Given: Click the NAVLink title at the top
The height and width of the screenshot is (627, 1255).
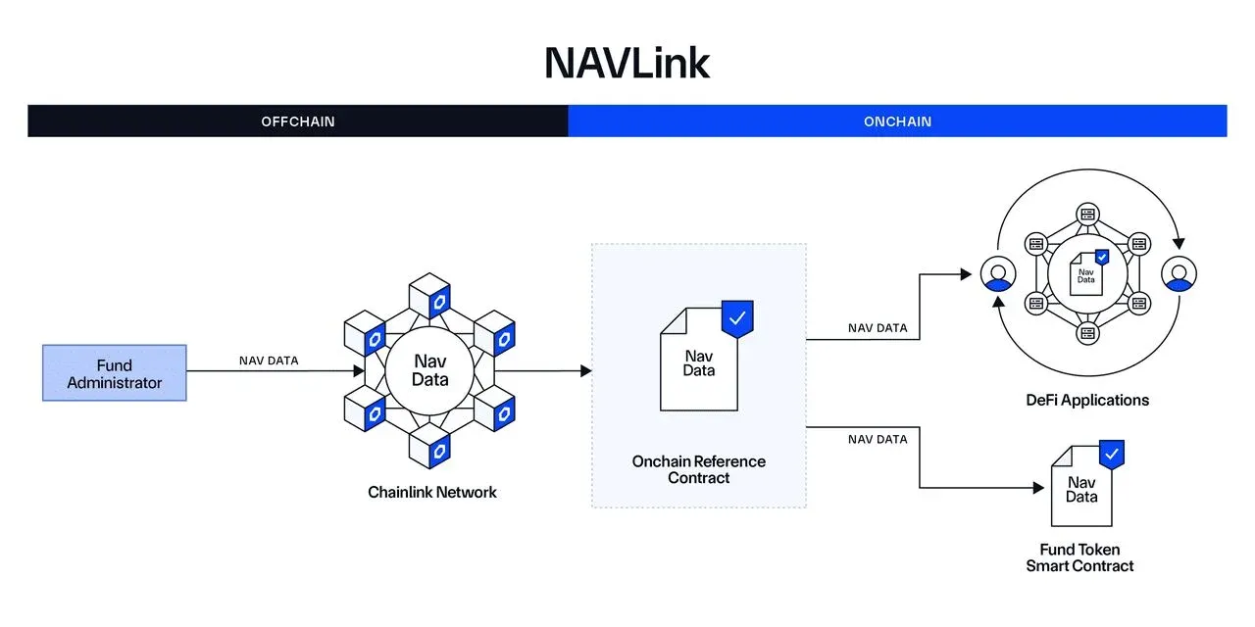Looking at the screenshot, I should [627, 63].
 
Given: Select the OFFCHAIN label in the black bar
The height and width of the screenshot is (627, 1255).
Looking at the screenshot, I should [298, 121].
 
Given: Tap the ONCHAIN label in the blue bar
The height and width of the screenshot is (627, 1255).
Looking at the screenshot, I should [897, 121].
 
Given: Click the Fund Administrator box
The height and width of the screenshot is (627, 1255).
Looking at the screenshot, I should [115, 372].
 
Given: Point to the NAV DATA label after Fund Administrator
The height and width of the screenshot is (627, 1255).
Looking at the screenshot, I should [269, 361].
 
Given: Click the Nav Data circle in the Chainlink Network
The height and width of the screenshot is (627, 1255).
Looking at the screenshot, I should [429, 370].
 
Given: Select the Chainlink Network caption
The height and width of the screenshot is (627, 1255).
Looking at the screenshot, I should [432, 492].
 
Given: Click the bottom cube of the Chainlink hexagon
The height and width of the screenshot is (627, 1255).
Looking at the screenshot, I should [429, 447].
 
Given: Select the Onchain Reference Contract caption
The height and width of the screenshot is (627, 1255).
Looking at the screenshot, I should [699, 469].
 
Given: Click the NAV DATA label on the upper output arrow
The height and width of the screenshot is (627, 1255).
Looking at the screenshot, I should [878, 328].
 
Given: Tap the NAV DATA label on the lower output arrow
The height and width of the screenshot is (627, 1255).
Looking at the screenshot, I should [878, 439].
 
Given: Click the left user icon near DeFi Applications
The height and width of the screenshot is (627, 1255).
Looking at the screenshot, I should [997, 275].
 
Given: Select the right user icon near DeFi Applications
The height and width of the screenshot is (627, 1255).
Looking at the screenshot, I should [1177, 275].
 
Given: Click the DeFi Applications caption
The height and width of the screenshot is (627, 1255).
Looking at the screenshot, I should [1087, 400].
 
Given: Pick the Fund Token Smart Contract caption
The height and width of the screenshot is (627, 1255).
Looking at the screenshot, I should [1079, 557].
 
